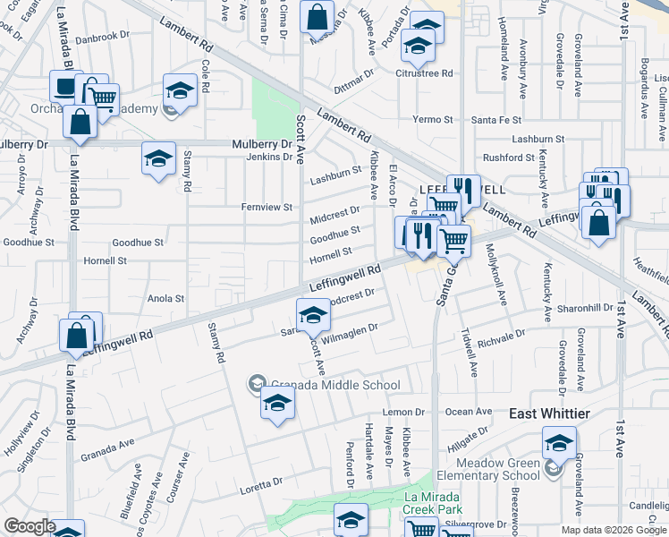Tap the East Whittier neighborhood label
pos(549,413)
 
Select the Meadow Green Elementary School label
pos(498,469)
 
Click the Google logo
pos(30,525)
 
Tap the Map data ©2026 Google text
pos(614,530)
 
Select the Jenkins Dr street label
pos(269,158)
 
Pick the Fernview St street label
pos(267,208)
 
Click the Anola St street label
pos(165,299)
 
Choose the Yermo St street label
pos(434,120)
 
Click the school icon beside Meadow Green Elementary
pos(559,442)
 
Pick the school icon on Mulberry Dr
pos(158,158)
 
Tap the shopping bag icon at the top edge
pos(317,15)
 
